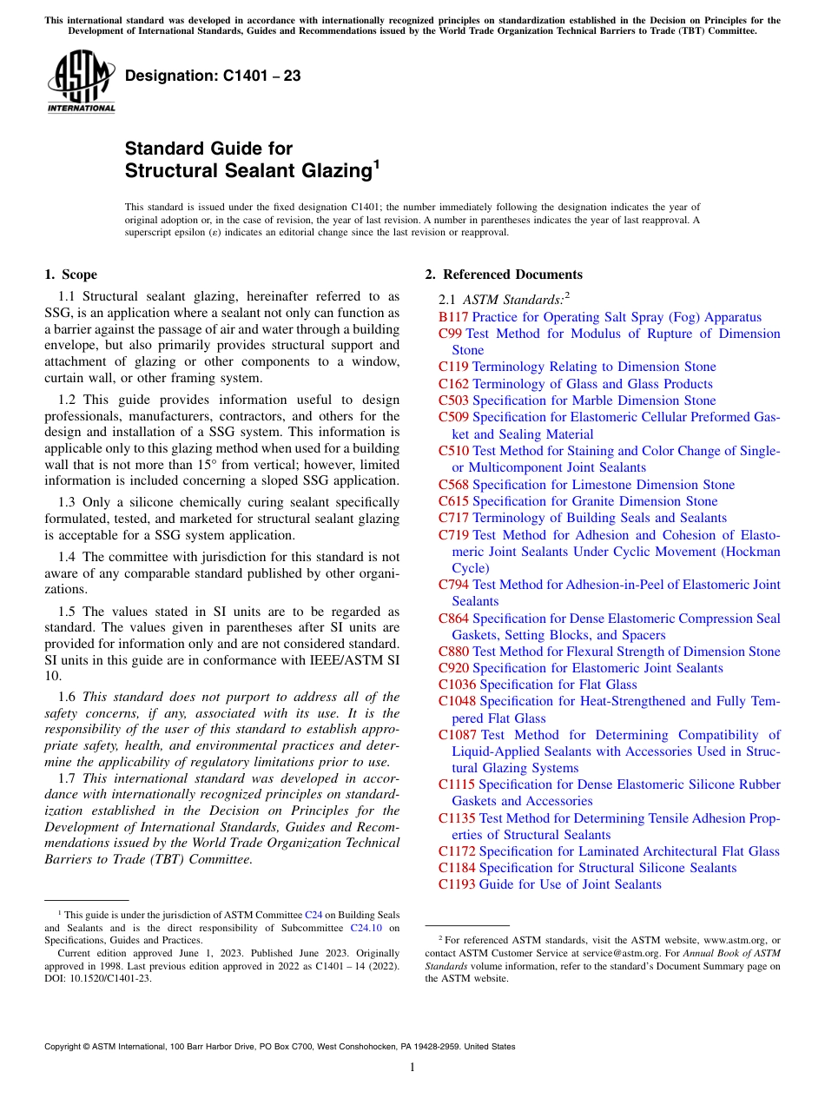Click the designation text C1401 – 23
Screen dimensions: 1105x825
[x=213, y=76]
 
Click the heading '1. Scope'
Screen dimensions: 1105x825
[x=71, y=275]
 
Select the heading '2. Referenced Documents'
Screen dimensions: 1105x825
[x=504, y=275]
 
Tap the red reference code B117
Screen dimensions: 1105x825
[x=453, y=317]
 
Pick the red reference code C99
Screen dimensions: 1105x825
[x=450, y=334]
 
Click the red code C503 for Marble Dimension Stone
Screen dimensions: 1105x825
[x=453, y=400]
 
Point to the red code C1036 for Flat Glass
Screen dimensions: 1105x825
[x=457, y=685]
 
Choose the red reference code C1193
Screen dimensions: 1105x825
[x=457, y=884]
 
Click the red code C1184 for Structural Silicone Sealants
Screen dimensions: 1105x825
[x=457, y=868]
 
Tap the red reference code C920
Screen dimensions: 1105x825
[x=453, y=668]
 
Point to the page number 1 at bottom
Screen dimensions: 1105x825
[x=412, y=1068]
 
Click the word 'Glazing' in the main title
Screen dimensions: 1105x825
[x=334, y=171]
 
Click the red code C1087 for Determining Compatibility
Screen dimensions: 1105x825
[x=457, y=735]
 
